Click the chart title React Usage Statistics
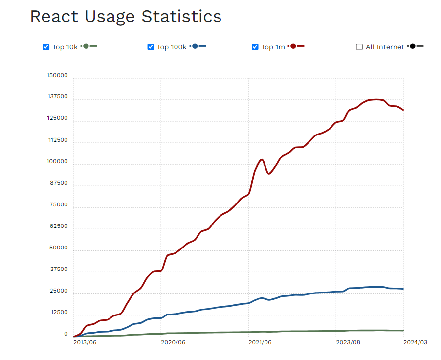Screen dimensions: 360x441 [126, 17]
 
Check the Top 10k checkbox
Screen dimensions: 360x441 [46, 47]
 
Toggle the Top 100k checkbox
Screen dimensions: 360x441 [151, 47]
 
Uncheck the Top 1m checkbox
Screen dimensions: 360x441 [255, 47]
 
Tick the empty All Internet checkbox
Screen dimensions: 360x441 [359, 47]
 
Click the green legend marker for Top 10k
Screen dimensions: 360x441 [86, 46]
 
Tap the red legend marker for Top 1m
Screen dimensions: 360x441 [293, 46]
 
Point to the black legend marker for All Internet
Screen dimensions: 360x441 [413, 46]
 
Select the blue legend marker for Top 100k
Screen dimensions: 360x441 [195, 46]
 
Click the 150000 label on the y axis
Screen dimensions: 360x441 [57, 76]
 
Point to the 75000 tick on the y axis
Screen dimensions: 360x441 [59, 205]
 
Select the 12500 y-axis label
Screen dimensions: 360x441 [59, 313]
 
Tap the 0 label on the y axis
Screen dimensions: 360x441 [66, 334]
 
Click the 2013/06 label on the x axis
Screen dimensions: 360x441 [85, 343]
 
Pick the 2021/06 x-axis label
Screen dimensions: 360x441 [260, 343]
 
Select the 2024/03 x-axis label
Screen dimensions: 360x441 [415, 343]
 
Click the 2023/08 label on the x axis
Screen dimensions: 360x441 [348, 343]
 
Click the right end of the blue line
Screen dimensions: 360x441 [403, 289]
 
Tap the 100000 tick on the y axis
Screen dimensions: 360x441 [57, 162]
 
